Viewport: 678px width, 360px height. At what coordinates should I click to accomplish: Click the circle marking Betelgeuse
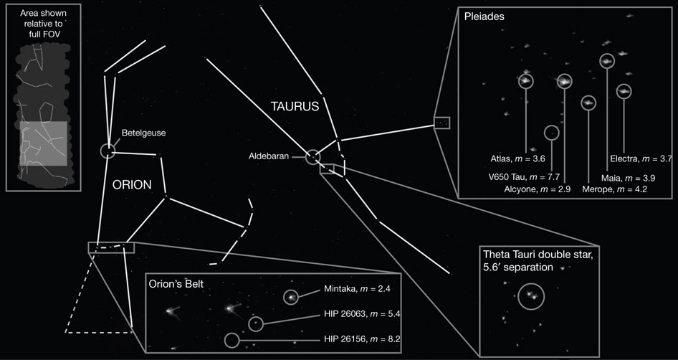point(101,151)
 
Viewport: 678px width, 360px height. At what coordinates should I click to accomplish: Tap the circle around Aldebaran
point(306,157)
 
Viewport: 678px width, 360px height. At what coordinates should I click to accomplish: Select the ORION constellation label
point(132,185)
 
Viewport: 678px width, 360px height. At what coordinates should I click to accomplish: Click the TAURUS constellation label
point(295,106)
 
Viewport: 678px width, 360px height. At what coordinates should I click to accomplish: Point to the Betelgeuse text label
point(143,133)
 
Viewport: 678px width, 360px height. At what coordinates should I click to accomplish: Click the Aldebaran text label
point(269,157)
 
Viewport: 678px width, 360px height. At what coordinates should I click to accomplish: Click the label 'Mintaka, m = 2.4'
point(357,290)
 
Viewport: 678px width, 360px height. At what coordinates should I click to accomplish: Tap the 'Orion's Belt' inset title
point(176,285)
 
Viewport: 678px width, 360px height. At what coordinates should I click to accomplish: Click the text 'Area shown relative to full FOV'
point(43,22)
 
